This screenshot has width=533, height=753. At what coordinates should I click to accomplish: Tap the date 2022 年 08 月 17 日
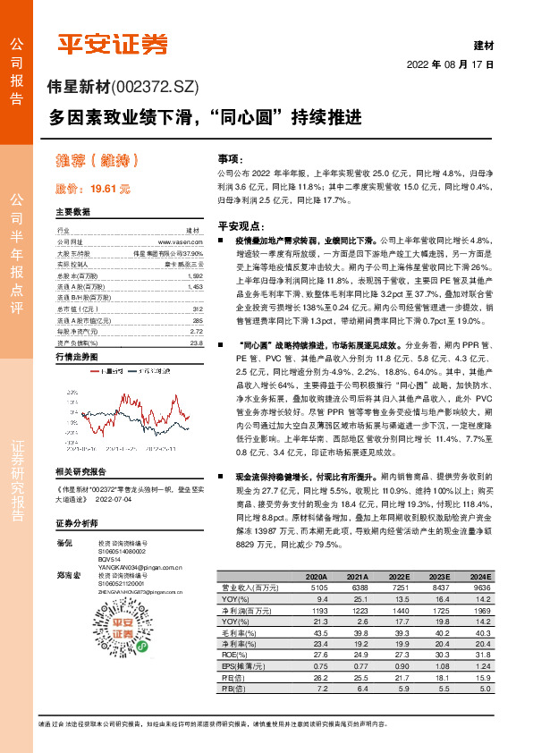coord(451,65)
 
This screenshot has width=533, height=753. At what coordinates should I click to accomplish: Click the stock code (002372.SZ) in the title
coord(153,87)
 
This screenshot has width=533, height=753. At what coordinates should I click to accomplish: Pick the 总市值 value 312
coord(197,309)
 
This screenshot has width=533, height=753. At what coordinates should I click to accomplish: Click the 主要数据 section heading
coord(72,212)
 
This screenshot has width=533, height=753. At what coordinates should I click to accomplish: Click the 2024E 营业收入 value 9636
coord(480,588)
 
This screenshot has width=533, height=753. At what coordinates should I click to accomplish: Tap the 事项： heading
coord(230,156)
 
